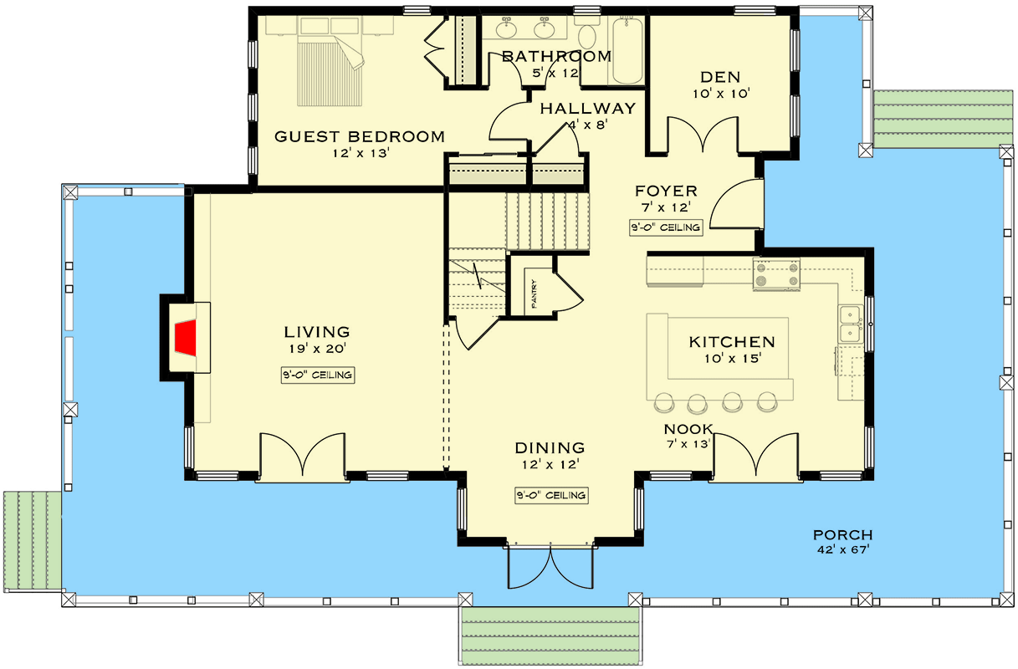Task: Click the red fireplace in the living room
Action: tap(186, 338)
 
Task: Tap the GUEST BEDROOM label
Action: tap(360, 137)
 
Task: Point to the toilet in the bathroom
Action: tap(587, 36)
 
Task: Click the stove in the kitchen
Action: tap(777, 275)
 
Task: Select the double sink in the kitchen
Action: tap(852, 324)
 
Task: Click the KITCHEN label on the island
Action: tap(731, 342)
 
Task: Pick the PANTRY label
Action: tap(532, 294)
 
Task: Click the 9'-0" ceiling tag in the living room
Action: tap(317, 375)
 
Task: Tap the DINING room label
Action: tap(550, 448)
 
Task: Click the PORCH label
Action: tap(842, 535)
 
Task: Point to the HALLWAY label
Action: tap(587, 108)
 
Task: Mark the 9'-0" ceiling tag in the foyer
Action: tap(666, 227)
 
